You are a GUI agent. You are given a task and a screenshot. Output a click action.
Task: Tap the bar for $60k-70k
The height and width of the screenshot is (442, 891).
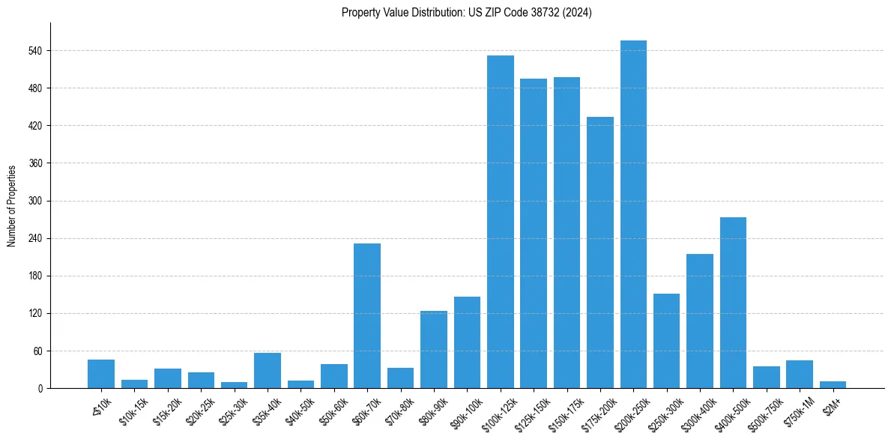(367, 315)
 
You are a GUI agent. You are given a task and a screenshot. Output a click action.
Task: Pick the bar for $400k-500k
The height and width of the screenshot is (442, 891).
(733, 303)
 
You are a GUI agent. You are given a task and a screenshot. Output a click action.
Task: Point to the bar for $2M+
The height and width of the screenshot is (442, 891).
(833, 385)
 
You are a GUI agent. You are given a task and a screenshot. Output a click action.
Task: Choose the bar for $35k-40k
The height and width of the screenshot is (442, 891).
(268, 370)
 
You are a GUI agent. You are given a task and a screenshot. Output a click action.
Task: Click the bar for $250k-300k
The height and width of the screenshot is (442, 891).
(666, 341)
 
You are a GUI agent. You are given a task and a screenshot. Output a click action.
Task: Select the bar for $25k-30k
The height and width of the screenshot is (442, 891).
(234, 385)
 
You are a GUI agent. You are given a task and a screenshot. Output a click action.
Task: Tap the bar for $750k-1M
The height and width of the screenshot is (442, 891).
(800, 375)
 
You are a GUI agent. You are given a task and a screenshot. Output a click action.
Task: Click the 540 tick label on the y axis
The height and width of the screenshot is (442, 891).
(35, 51)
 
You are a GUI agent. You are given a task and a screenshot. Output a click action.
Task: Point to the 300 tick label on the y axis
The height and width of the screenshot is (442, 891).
(35, 202)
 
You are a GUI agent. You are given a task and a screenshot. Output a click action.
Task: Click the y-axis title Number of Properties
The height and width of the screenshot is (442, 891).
(12, 205)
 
